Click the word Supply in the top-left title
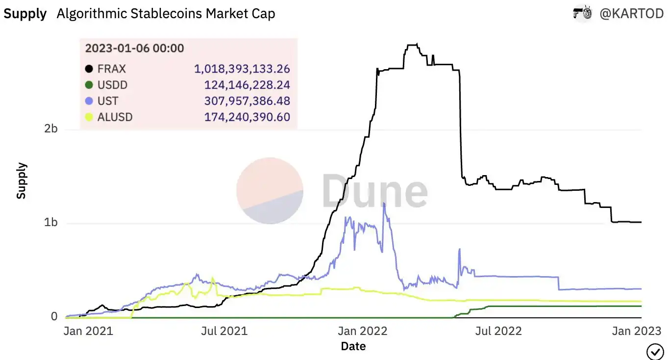(25, 14)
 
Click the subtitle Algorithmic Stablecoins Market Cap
(166, 14)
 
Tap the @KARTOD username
(632, 14)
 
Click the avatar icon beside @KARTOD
(583, 14)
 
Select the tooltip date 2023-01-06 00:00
(134, 48)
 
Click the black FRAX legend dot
(89, 69)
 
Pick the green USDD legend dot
(89, 85)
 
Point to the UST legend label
(108, 102)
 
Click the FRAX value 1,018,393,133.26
(242, 69)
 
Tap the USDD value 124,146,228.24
(247, 85)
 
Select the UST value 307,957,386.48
(247, 102)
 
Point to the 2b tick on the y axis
(51, 129)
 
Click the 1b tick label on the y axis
(51, 223)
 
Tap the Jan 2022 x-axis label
(363, 331)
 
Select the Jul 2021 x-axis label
(224, 331)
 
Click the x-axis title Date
(353, 346)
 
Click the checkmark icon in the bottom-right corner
(655, 352)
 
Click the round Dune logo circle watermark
(270, 190)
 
